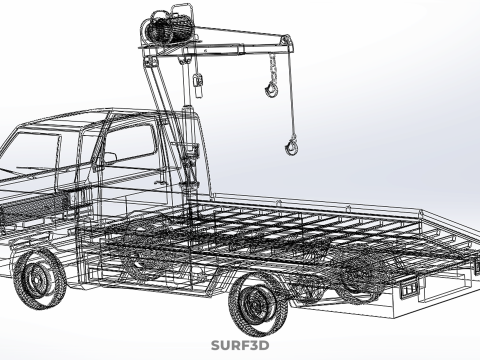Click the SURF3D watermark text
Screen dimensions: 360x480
240,347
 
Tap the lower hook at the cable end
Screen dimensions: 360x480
291,147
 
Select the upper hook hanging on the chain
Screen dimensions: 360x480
270,90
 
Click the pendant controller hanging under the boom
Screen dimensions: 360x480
198,81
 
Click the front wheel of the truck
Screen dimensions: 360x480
39,280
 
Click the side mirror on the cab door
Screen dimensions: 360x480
107,158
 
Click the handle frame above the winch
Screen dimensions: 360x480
170,12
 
